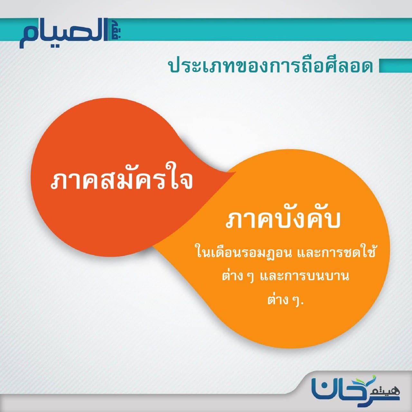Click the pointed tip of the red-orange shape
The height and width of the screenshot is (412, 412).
(x=236, y=172)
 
